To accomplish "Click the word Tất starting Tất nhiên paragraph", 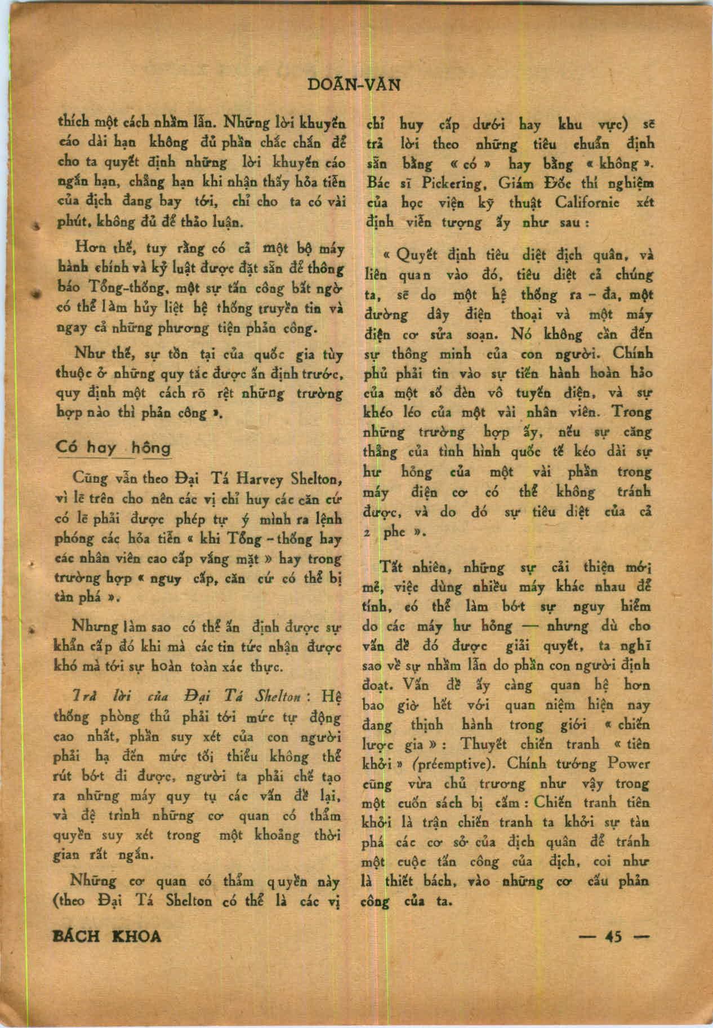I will point(391,567).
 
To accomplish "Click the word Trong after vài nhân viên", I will point(632,412).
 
